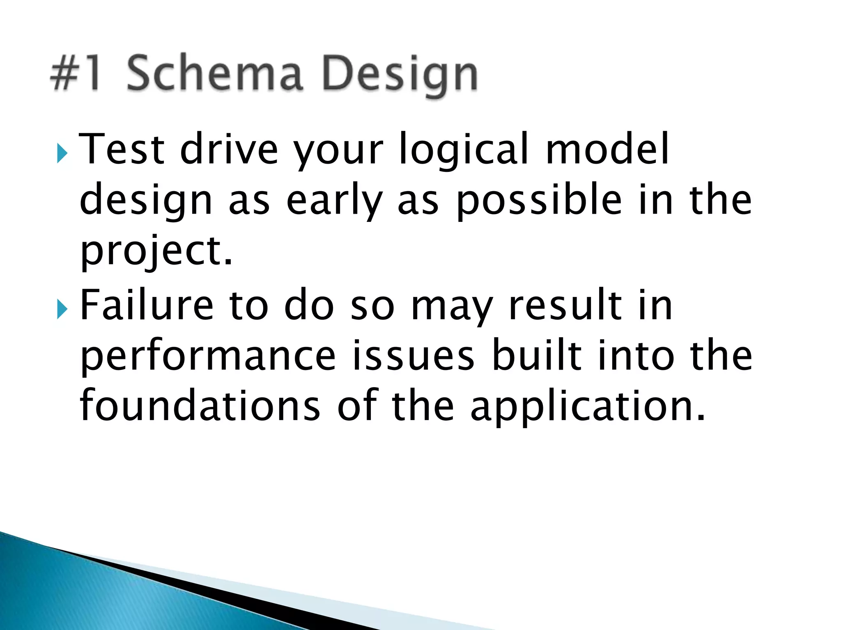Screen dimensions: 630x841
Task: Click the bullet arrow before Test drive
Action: (x=62, y=154)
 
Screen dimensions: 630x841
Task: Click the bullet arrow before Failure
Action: (x=62, y=310)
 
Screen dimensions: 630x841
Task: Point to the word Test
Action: (x=122, y=148)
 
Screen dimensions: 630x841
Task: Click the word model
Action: (x=607, y=148)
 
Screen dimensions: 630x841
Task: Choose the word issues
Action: (x=413, y=355)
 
